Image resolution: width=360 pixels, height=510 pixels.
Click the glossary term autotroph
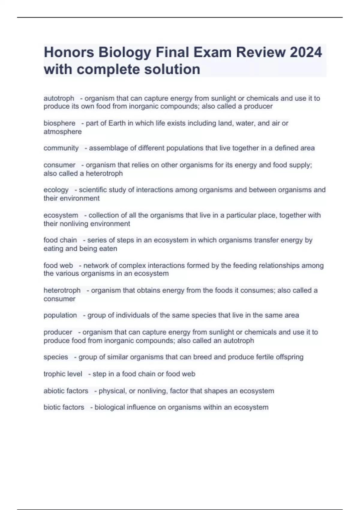pyautogui.click(x=59, y=98)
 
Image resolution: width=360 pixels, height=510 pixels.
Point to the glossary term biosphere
pyautogui.click(x=59, y=123)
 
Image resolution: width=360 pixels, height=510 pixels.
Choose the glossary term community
pyautogui.click(x=61, y=148)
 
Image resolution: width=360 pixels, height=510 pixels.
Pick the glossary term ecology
pyautogui.click(x=56, y=190)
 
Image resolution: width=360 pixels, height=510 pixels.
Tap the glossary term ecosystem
pyautogui.click(x=61, y=215)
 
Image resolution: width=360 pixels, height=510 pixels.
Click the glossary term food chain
pyautogui.click(x=60, y=240)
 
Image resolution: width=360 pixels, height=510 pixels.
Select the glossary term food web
pyautogui.click(x=58, y=265)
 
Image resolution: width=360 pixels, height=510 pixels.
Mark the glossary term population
pyautogui.click(x=60, y=315)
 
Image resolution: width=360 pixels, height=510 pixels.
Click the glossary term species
pyautogui.click(x=56, y=357)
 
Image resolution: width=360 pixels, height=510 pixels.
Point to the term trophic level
pyautogui.click(x=63, y=374)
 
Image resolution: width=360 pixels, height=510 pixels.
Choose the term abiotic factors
pyautogui.click(x=66, y=391)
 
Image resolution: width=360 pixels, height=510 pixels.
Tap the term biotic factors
pyautogui.click(x=64, y=407)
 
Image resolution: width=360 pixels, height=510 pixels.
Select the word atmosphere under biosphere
pyautogui.click(x=62, y=132)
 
